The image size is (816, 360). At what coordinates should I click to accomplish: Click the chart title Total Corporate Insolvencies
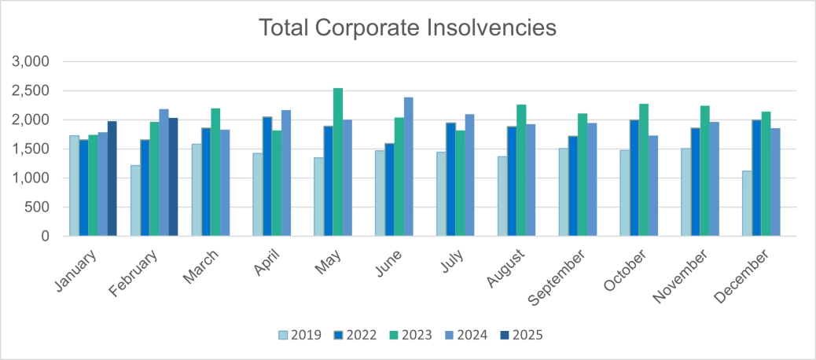407,28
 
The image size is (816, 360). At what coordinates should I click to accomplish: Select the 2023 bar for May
337,162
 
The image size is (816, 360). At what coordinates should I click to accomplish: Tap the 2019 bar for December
747,203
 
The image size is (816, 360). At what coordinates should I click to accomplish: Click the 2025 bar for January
112,178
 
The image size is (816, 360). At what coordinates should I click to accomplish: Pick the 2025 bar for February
173,177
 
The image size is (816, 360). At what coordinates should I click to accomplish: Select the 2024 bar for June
408,167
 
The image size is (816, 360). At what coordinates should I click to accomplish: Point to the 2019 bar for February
135,200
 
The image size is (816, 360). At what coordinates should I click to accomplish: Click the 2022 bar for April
266,176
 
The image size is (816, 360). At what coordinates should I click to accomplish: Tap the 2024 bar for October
652,186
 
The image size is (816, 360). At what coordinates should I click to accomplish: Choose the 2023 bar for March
215,172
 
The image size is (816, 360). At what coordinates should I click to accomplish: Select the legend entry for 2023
412,335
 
